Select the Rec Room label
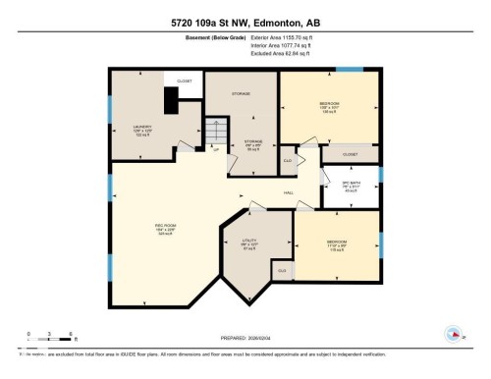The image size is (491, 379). [x=164, y=229]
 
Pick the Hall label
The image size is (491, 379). [x=289, y=192]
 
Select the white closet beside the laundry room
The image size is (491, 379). [x=184, y=81]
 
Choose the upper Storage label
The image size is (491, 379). [x=242, y=95]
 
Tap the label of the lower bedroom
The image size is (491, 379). [x=337, y=243]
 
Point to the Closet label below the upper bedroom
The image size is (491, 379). [x=351, y=154]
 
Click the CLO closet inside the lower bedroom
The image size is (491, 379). [x=282, y=270]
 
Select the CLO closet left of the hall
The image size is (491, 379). [x=288, y=160]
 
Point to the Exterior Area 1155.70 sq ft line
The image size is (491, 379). [x=245, y=38]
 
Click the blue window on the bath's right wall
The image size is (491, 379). [x=380, y=177]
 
